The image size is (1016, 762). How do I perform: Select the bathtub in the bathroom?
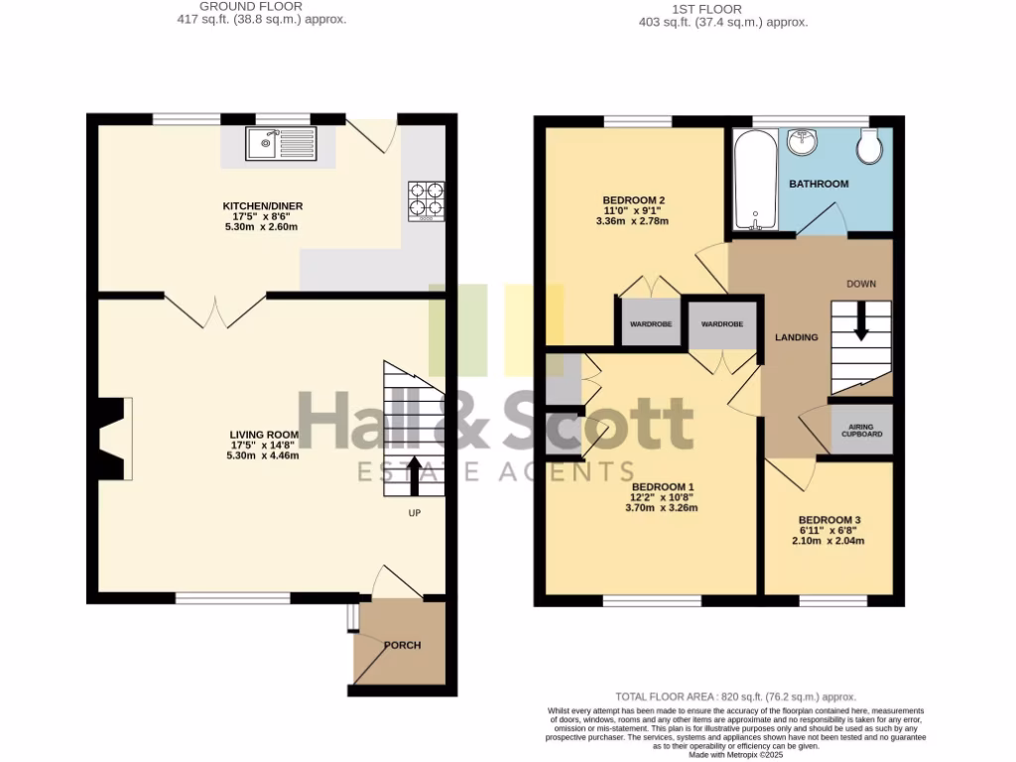click(x=755, y=180)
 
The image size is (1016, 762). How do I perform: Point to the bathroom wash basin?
click(x=802, y=142)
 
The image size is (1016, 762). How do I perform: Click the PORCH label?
click(x=402, y=645)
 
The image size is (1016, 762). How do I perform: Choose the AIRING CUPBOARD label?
click(x=861, y=430)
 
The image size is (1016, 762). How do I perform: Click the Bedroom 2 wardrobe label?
click(x=651, y=324)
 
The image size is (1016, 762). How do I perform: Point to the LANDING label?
click(x=797, y=337)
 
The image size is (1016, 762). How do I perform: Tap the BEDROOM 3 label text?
click(x=829, y=520)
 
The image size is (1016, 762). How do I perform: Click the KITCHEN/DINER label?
click(x=262, y=206)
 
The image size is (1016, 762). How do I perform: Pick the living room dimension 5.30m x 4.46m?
click(x=264, y=456)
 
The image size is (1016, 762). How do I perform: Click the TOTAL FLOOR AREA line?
click(x=735, y=698)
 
